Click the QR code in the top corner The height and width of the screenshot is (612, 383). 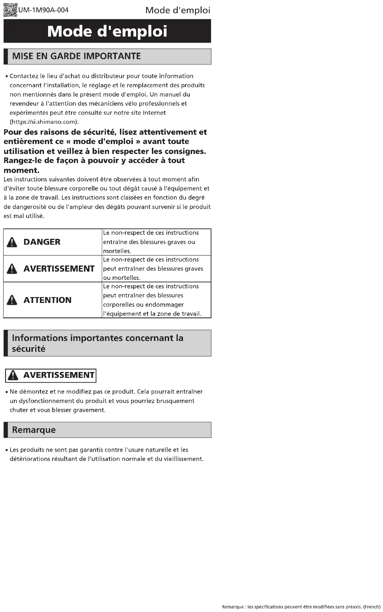10,10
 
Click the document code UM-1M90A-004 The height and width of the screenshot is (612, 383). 43,10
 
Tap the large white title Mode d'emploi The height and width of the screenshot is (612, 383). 107,31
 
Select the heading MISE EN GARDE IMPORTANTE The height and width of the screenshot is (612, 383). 77,56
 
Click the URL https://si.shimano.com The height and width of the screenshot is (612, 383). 44,122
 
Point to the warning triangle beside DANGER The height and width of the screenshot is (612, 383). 12,242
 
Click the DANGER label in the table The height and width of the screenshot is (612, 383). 42,242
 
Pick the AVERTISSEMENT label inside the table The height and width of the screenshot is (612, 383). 59,269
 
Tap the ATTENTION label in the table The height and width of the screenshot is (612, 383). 48,300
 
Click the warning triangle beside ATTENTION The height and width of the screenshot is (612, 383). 12,300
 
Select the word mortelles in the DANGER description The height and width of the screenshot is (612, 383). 116,251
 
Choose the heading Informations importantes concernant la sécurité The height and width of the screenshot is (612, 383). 98,343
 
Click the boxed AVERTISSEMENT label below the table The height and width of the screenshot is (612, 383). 59,375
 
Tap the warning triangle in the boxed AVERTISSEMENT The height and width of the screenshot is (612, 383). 13,375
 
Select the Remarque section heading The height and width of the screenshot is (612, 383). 34,430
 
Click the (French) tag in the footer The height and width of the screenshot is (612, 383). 372,607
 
